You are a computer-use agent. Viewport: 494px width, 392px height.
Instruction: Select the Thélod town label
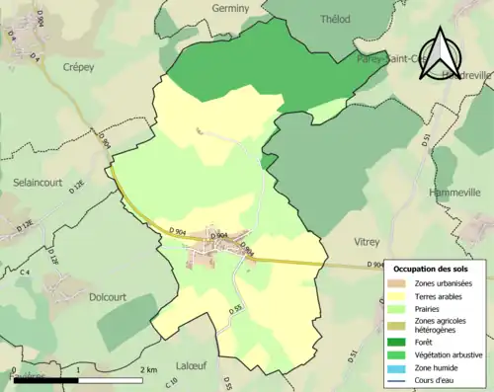pyautogui.click(x=336, y=19)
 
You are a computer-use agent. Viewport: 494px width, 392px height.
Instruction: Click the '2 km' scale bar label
pyautogui.click(x=149, y=369)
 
